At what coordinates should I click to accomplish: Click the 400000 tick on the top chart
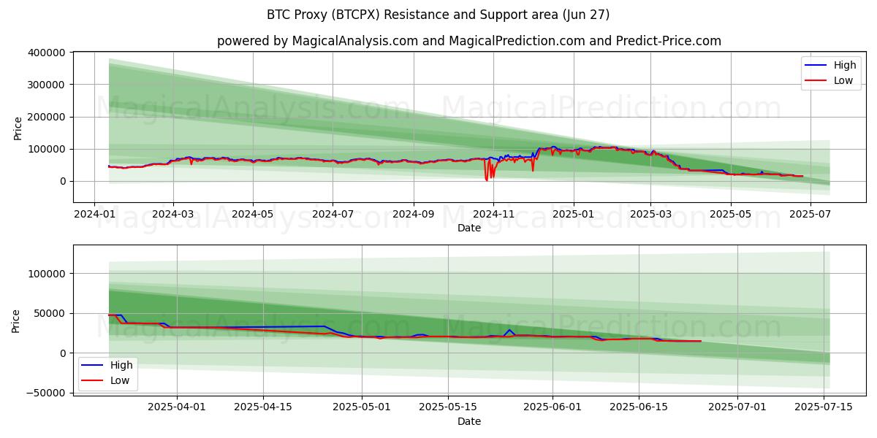click(x=46, y=53)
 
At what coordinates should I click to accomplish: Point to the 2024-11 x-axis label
click(x=494, y=215)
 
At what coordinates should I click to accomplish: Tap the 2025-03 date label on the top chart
click(x=650, y=215)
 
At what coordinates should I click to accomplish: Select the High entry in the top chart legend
click(x=845, y=65)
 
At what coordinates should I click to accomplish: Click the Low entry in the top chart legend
click(x=843, y=80)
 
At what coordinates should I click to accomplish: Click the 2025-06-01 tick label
click(x=553, y=407)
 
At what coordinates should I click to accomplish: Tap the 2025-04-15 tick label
click(x=263, y=407)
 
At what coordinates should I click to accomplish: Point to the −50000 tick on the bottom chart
click(x=46, y=393)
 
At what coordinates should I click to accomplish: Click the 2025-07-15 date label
click(x=824, y=407)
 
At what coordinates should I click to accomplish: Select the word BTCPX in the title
click(x=355, y=15)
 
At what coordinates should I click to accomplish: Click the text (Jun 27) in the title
click(x=586, y=15)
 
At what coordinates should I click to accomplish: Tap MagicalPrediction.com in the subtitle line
click(x=517, y=41)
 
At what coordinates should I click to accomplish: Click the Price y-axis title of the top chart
click(x=18, y=128)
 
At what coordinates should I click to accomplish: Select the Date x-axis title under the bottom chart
click(x=469, y=421)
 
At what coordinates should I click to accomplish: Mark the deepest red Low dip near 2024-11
click(x=487, y=180)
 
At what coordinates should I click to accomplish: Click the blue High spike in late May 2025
click(x=509, y=330)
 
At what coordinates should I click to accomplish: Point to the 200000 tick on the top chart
click(x=46, y=117)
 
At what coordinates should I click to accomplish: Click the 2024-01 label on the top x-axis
click(x=94, y=215)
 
